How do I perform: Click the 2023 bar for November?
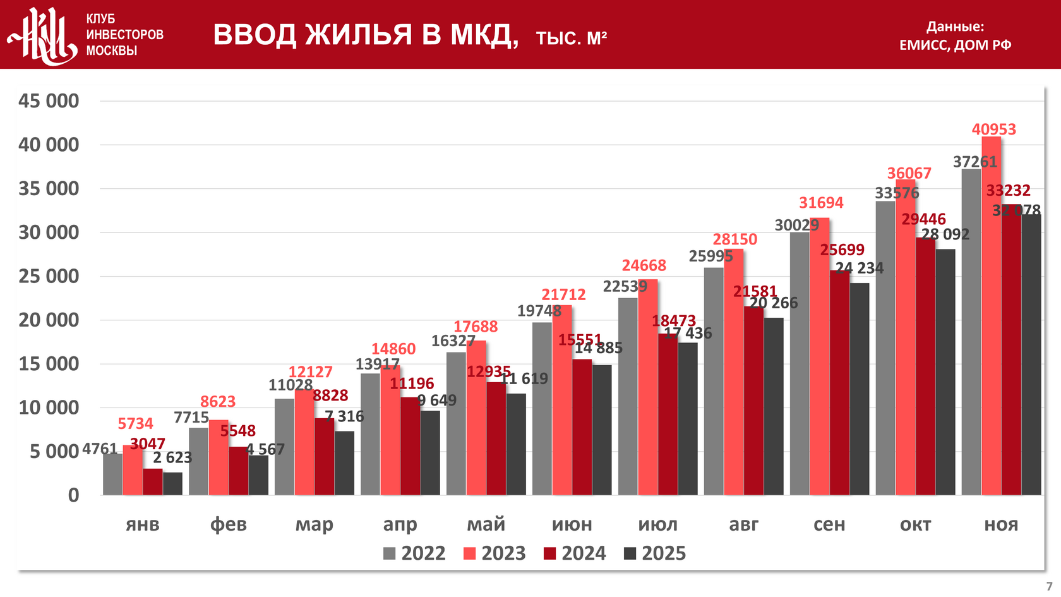pyautogui.click(x=991, y=316)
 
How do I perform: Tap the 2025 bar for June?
pyautogui.click(x=602, y=430)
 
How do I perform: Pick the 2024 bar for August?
pyautogui.click(x=753, y=401)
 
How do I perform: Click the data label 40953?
pyautogui.click(x=993, y=130)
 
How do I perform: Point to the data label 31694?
pyautogui.click(x=821, y=203)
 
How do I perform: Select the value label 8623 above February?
pyautogui.click(x=218, y=402)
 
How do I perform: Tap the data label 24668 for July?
pyautogui.click(x=644, y=265)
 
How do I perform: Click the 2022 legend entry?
pyautogui.click(x=414, y=553)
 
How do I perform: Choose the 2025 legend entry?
pyautogui.click(x=655, y=553)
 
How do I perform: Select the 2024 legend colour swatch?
pyautogui.click(x=549, y=554)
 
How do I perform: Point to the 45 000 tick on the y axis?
pyautogui.click(x=49, y=101)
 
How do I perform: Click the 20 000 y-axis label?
pyautogui.click(x=49, y=320)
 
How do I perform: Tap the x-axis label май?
pyautogui.click(x=486, y=524)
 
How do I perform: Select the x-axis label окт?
pyautogui.click(x=915, y=524)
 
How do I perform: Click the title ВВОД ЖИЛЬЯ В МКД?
pyautogui.click(x=365, y=35)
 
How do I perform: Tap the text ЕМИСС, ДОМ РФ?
pyautogui.click(x=955, y=45)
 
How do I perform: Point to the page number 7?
pyautogui.click(x=1049, y=586)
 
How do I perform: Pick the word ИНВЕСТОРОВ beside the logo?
pyautogui.click(x=124, y=35)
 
